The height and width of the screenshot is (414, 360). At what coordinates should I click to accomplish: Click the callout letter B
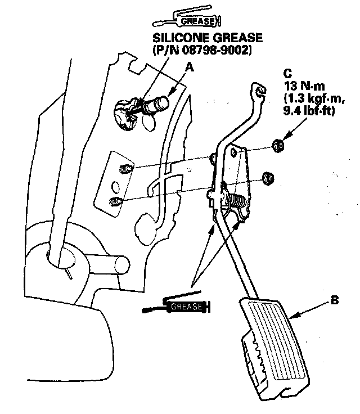coord(334,301)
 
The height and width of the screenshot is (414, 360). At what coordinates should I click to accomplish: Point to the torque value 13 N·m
coord(301,87)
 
